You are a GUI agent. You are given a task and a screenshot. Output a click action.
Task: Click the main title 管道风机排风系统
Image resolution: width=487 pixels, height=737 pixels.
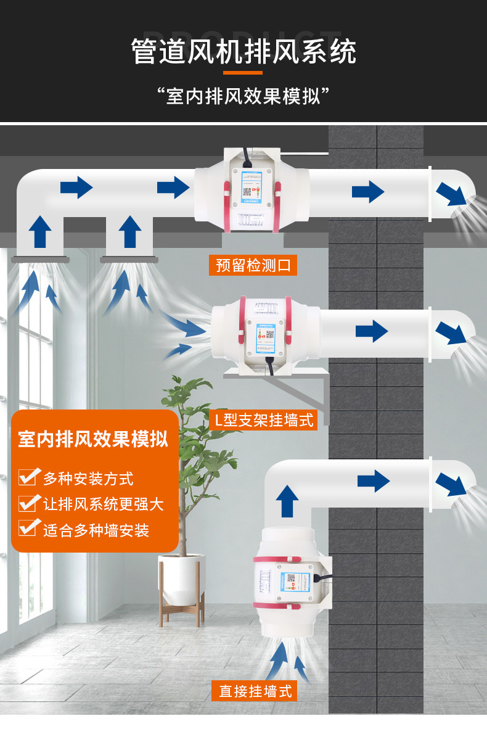click(243, 51)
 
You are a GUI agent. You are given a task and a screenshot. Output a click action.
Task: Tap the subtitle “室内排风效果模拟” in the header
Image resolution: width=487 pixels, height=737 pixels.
click(243, 96)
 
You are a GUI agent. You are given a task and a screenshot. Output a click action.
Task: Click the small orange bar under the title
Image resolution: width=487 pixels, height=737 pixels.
click(243, 72)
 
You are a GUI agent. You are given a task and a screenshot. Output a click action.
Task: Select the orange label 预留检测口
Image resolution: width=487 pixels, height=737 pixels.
click(253, 265)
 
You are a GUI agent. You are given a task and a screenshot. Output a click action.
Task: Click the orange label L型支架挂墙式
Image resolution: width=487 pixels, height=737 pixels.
click(263, 421)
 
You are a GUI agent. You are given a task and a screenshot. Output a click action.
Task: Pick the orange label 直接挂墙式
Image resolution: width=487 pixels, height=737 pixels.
click(255, 691)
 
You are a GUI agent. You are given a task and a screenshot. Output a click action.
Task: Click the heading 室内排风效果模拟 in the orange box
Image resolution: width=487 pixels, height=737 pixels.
click(93, 440)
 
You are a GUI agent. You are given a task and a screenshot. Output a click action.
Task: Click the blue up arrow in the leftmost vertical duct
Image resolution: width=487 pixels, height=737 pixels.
click(40, 231)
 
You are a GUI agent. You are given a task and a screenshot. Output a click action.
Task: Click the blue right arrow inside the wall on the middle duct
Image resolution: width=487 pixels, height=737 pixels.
click(371, 332)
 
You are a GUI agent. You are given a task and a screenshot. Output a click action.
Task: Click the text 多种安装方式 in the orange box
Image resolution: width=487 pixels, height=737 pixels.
click(88, 478)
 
